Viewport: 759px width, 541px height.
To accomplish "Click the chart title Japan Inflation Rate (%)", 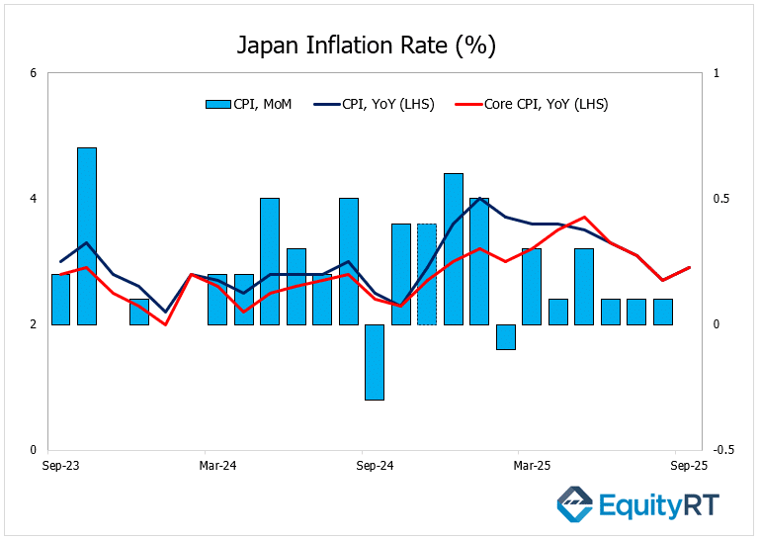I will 366,45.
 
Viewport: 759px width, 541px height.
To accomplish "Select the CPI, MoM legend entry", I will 248,103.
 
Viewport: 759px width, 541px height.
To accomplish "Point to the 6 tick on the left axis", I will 34,73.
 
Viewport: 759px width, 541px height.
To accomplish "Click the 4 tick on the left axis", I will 34,199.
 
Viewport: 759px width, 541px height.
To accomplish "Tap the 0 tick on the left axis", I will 34,449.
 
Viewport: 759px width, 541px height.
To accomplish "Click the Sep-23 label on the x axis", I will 61,465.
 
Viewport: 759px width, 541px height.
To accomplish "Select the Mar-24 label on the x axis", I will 217,465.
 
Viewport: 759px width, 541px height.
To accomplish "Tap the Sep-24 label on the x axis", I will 375,465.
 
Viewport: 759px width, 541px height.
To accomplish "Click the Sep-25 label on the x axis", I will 689,465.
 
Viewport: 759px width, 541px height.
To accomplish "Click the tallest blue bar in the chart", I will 87,235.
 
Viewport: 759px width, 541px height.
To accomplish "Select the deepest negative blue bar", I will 375,362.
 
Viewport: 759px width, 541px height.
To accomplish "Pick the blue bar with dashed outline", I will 427,274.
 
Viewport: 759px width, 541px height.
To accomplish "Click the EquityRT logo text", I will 659,506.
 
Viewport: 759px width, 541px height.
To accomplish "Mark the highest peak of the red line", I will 585,217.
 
